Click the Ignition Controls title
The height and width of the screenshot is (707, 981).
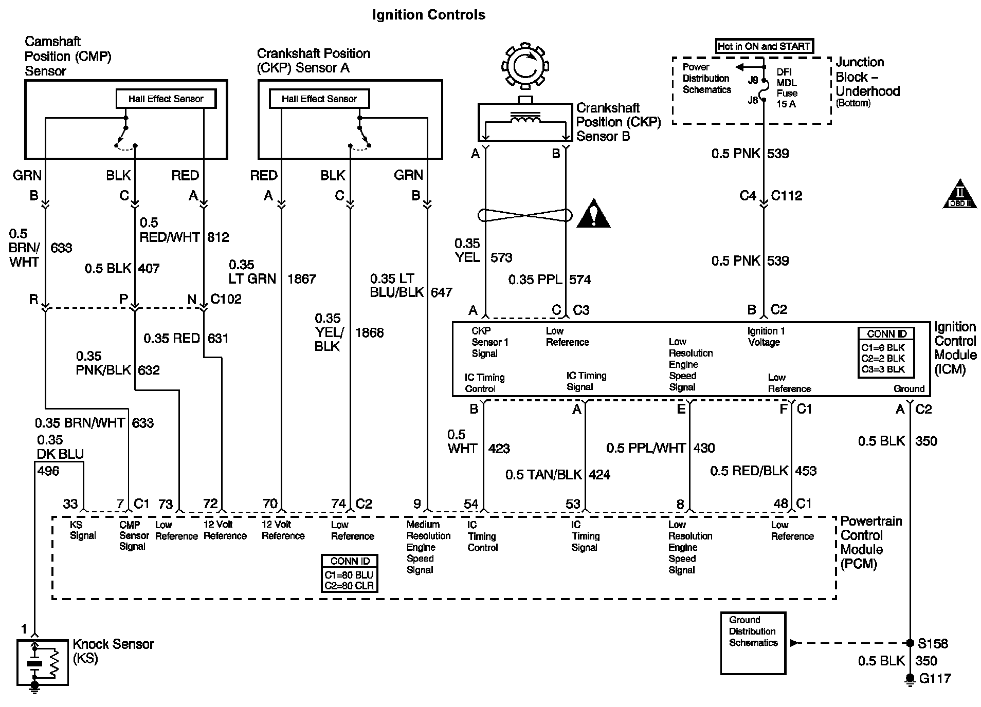pos(428,15)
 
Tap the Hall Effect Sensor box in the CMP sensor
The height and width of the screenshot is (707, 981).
pos(166,99)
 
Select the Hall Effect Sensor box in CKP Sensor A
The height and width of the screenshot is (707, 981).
pos(319,99)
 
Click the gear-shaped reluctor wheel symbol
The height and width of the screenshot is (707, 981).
pos(525,66)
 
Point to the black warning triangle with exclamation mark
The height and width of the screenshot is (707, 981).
pos(593,214)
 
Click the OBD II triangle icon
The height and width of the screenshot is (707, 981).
pos(959,195)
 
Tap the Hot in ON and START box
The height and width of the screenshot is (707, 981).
pos(764,46)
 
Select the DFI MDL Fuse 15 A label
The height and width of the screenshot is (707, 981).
pos(786,88)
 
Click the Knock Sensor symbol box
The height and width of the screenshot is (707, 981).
pos(42,662)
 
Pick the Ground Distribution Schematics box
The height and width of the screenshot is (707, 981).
pos(753,642)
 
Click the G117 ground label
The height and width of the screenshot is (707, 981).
pos(935,679)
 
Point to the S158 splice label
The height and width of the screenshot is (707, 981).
pos(933,643)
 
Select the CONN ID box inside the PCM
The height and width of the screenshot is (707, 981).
pos(349,573)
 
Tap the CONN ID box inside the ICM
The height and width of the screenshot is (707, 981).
pos(886,352)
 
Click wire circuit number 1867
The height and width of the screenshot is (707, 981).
pos(301,279)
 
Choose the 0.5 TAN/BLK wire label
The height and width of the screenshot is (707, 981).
pos(543,475)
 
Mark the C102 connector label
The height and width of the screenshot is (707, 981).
pos(226,299)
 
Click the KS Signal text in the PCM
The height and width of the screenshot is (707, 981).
pos(83,530)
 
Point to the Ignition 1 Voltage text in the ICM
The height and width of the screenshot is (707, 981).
pos(766,337)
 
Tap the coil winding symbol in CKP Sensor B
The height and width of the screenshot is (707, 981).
pos(525,119)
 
